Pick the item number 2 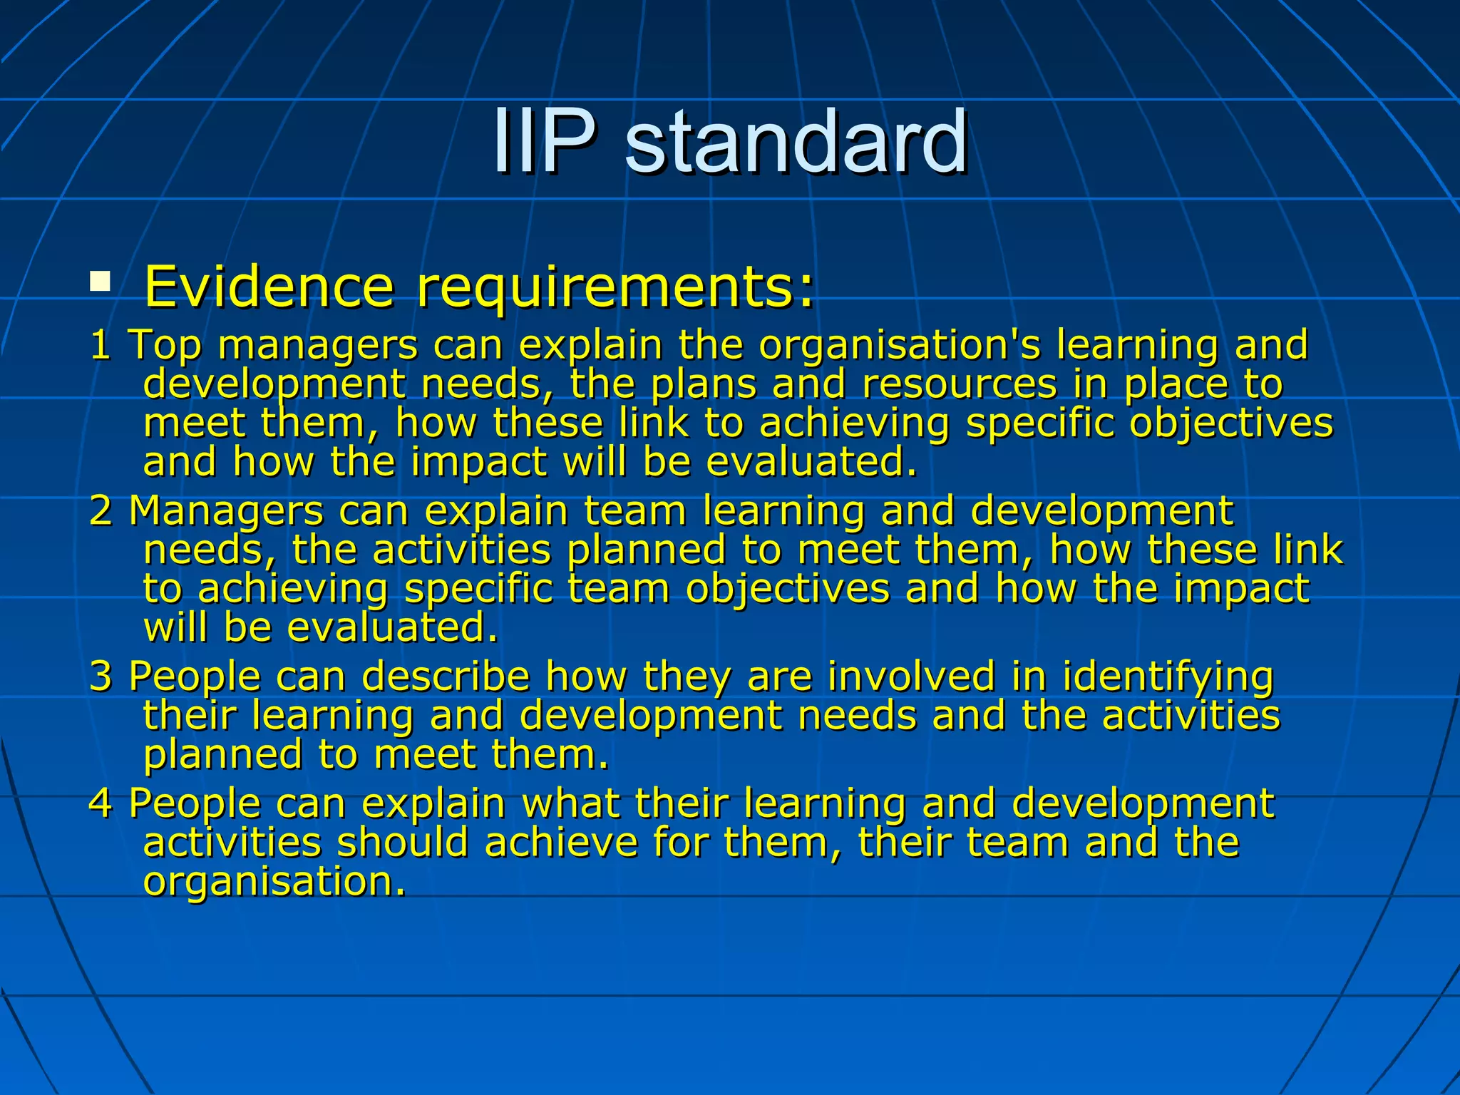click(101, 511)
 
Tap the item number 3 click(101, 676)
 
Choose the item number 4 click(101, 803)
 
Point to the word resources click(960, 385)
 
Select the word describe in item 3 click(446, 676)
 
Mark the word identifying click(1168, 677)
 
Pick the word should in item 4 click(403, 842)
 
